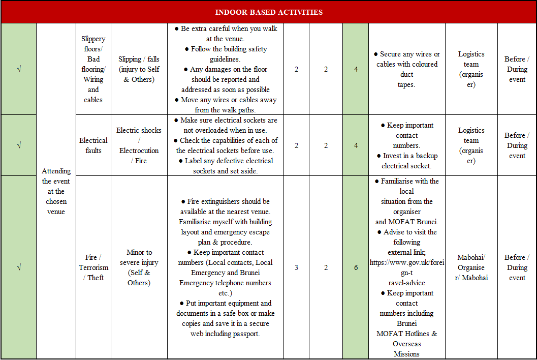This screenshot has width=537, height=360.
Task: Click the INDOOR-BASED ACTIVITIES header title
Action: click(268, 12)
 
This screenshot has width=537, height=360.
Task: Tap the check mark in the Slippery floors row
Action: click(19, 69)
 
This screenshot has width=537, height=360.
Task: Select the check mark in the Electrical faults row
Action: click(19, 145)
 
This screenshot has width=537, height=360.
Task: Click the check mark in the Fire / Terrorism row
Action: click(19, 267)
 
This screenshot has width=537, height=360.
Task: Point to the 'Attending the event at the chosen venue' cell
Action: click(56, 191)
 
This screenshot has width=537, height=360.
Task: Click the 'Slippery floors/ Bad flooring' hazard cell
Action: click(93, 69)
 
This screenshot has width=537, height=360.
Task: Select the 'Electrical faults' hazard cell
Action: click(93, 145)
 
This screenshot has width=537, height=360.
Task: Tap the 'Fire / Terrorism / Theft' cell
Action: click(93, 267)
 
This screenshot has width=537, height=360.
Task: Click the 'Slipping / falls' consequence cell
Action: click(139, 69)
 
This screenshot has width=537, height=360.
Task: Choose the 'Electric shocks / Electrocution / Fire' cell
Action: click(139, 145)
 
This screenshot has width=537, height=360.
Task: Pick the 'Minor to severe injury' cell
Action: click(139, 267)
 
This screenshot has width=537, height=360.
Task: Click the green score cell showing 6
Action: click(356, 267)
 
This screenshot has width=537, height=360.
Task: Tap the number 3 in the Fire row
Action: click(296, 267)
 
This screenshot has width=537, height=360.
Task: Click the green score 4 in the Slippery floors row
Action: click(356, 69)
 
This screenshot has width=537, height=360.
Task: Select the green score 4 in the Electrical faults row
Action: click(356, 145)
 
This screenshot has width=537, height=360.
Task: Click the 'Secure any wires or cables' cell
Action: click(406, 69)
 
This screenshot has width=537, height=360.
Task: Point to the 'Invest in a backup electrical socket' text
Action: click(406, 161)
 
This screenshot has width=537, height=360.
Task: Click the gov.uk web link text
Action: click(406, 267)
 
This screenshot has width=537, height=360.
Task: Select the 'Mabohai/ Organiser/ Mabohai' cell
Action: click(471, 267)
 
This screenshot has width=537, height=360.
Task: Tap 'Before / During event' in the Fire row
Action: click(517, 267)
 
